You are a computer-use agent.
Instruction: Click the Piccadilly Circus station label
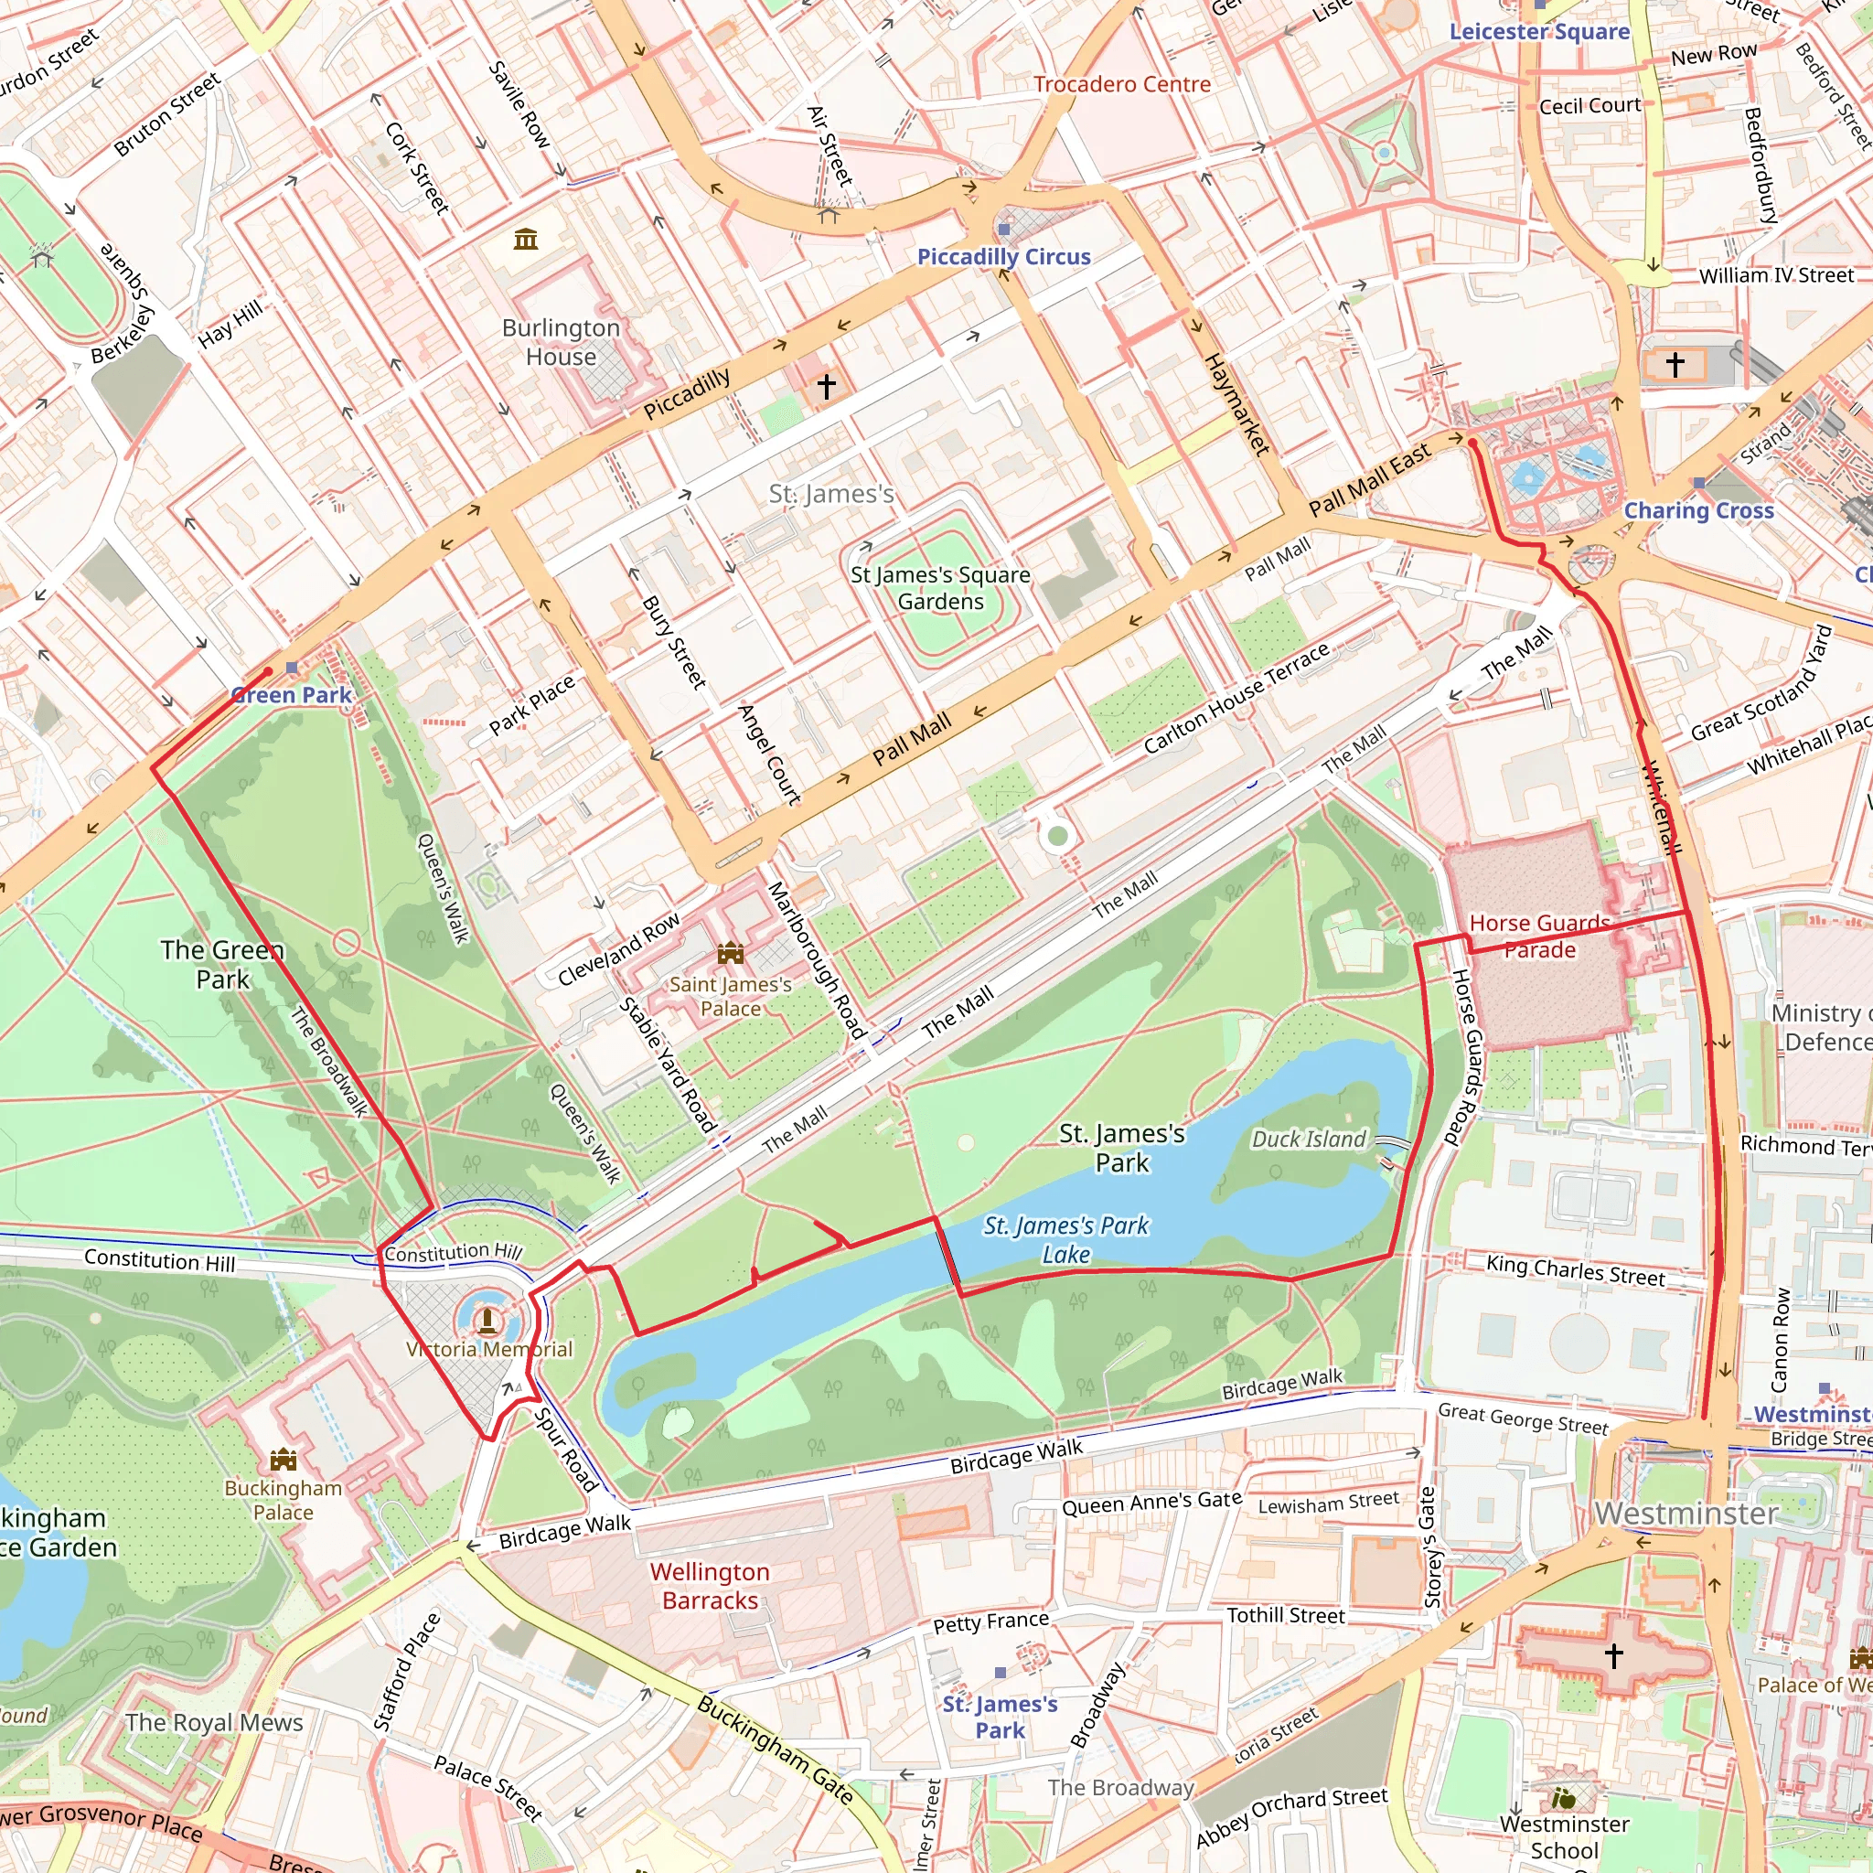[1003, 257]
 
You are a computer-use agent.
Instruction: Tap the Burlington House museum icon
[526, 239]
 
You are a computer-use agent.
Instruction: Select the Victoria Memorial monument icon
[487, 1320]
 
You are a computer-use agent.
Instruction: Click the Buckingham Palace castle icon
[284, 1458]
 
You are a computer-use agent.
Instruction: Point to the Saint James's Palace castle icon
[730, 954]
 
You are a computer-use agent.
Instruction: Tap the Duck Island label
[1308, 1140]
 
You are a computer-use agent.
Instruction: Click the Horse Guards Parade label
[1539, 936]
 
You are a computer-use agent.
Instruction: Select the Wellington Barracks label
[710, 1586]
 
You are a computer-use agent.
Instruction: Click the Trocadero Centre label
[1121, 84]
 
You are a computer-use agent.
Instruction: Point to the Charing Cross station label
[1698, 511]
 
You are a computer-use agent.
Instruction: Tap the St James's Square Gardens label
[939, 587]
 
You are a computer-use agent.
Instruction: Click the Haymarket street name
[1236, 404]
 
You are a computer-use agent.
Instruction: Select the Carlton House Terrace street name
[1236, 698]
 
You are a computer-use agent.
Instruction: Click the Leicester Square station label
[1538, 32]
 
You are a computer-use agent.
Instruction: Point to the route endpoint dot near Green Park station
[269, 671]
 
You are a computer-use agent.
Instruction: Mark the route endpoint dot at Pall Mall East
[1472, 443]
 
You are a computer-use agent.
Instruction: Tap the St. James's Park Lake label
[1065, 1240]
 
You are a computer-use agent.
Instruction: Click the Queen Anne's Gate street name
[1151, 1503]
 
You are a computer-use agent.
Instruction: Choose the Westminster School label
[1564, 1837]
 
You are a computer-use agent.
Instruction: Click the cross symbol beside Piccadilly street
[826, 387]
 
